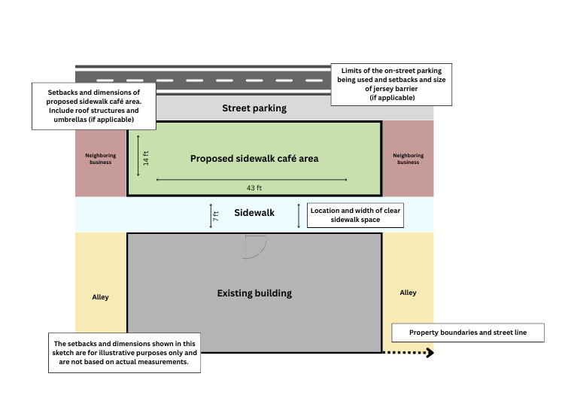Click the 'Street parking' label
tap(254, 108)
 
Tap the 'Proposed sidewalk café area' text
tap(254, 159)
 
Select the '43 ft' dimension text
tap(254, 187)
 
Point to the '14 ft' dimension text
tap(146, 158)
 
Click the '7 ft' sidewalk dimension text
tap(216, 215)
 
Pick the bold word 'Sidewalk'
tap(254, 213)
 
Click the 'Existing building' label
tap(254, 293)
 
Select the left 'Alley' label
tap(100, 297)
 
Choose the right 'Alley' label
tap(408, 293)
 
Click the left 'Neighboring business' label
tap(101, 159)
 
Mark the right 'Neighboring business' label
tap(408, 159)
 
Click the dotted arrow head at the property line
tap(430, 352)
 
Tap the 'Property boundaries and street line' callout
tap(468, 333)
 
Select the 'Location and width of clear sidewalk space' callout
tap(355, 214)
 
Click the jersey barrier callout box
tap(391, 84)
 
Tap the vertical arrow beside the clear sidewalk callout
tap(299, 215)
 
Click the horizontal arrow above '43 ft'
tap(251, 180)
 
